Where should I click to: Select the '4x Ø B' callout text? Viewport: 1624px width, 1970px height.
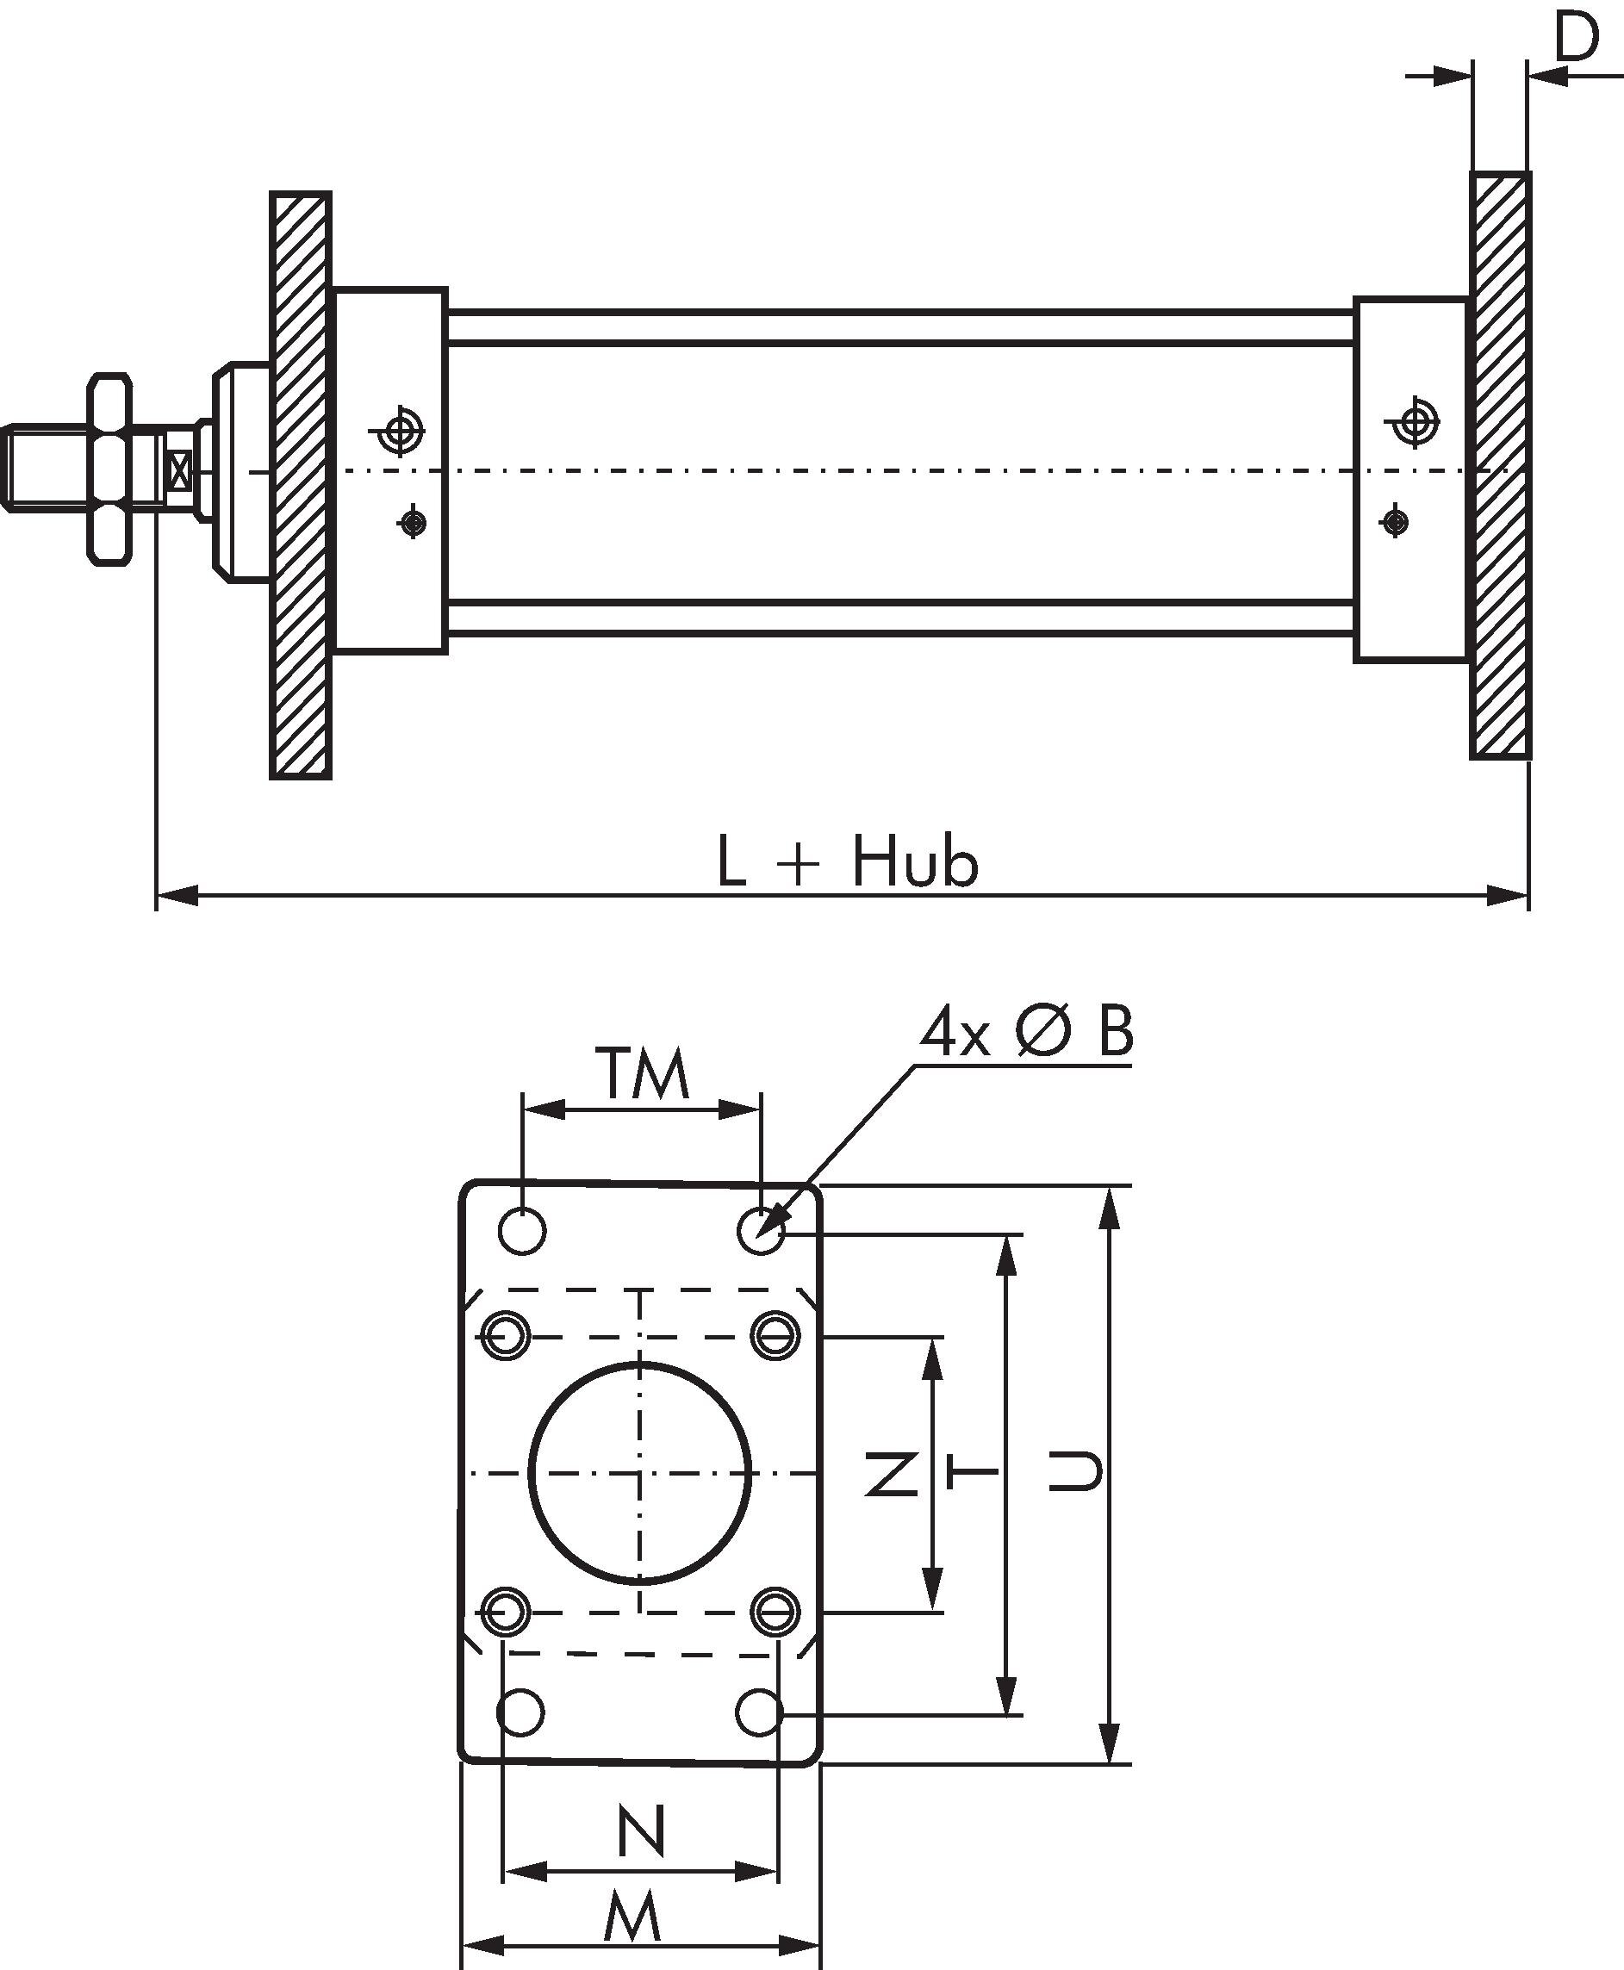(x=1026, y=1033)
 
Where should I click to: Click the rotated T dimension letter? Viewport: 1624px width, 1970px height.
(x=973, y=1473)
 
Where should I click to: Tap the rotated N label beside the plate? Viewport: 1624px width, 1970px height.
(x=891, y=1473)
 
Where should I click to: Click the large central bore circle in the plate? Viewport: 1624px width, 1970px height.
(x=641, y=1473)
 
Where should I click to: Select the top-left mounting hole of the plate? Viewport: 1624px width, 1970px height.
(x=522, y=1230)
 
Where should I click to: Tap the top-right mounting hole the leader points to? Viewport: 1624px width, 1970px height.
(x=761, y=1230)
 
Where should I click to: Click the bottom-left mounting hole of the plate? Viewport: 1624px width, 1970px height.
(x=520, y=1712)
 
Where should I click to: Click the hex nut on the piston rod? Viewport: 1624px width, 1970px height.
(x=109, y=469)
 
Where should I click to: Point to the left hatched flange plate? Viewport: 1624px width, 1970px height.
(x=301, y=485)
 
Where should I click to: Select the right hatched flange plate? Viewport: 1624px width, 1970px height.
(x=1501, y=465)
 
